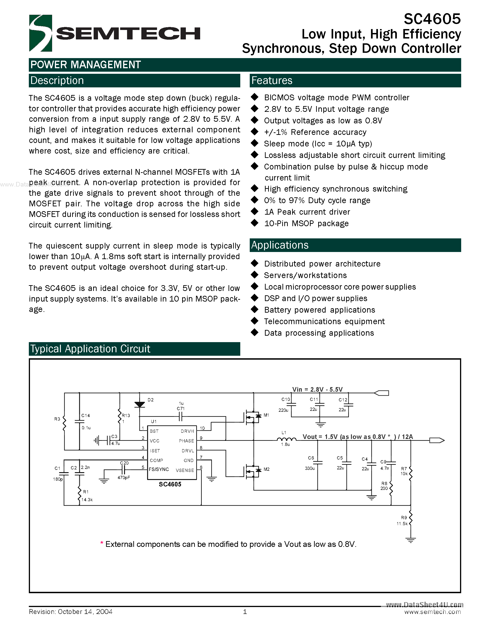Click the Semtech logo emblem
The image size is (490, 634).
(41, 33)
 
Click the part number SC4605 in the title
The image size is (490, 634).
(432, 19)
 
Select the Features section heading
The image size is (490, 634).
(272, 81)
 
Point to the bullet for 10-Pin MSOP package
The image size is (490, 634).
(255, 223)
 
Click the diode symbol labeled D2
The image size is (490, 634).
(140, 404)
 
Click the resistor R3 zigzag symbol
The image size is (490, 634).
(64, 424)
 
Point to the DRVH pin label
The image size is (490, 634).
(187, 431)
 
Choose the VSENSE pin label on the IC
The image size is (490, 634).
(185, 470)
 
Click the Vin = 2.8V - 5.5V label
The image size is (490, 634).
(317, 389)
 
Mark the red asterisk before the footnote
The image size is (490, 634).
(102, 543)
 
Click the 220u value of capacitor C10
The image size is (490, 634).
(283, 410)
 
